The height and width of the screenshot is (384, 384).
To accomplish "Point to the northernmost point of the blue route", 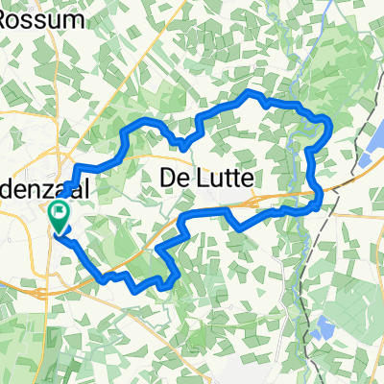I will (252, 92).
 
